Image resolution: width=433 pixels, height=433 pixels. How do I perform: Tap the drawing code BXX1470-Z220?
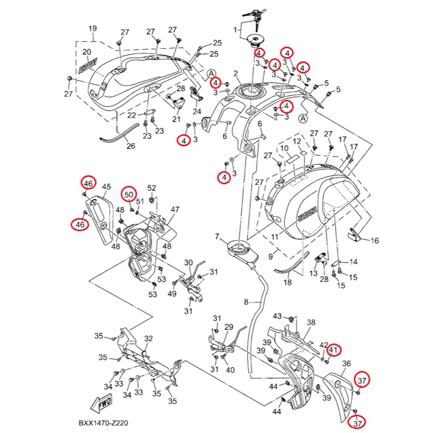103,423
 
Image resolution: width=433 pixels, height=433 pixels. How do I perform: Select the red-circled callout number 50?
130,194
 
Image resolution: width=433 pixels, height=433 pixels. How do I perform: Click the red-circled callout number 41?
334,350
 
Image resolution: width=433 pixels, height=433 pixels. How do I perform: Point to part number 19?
93,29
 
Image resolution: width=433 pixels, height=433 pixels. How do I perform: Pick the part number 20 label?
87,52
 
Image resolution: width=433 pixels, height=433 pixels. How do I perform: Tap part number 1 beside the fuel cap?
236,30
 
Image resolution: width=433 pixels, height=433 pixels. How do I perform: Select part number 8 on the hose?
247,302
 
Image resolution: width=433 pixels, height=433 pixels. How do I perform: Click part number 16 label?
375,241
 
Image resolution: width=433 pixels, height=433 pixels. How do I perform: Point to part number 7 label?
217,236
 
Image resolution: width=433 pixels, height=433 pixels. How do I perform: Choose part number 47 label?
175,209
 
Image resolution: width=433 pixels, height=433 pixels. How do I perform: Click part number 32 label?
148,339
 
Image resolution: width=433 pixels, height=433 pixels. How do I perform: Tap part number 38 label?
311,322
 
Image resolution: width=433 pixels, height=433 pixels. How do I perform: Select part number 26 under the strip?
131,146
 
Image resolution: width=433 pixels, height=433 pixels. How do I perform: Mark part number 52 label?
151,188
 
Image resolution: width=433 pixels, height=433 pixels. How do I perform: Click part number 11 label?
275,237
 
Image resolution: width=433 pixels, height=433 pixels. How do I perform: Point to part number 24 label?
197,112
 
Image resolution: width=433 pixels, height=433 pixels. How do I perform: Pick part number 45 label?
107,186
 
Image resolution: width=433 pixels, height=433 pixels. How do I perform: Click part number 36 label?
346,363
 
